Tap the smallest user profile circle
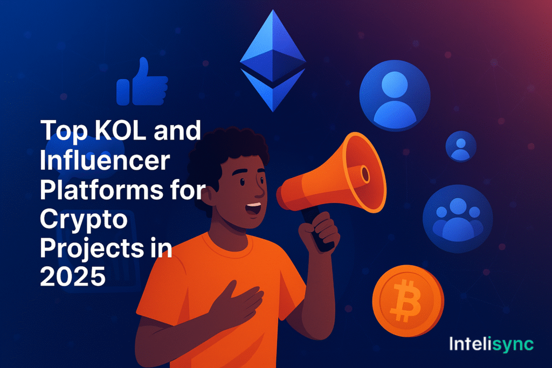pyautogui.click(x=460, y=146)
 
